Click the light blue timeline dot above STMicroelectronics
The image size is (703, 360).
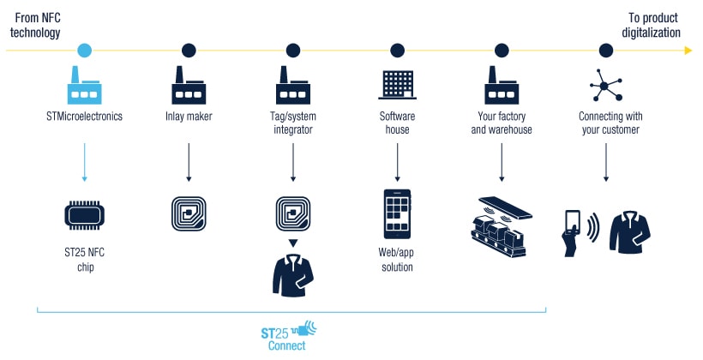click(84, 51)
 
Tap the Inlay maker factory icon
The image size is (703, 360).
click(188, 85)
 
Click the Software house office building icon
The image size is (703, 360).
click(397, 85)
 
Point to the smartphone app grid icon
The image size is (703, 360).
click(397, 215)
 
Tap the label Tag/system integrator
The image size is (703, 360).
click(292, 123)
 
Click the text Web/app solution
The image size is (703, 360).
click(396, 261)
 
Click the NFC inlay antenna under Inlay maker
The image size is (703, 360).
click(188, 215)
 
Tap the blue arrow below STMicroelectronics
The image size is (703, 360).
click(84, 162)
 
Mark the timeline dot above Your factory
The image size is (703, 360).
click(502, 51)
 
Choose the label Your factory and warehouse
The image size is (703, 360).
click(502, 123)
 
